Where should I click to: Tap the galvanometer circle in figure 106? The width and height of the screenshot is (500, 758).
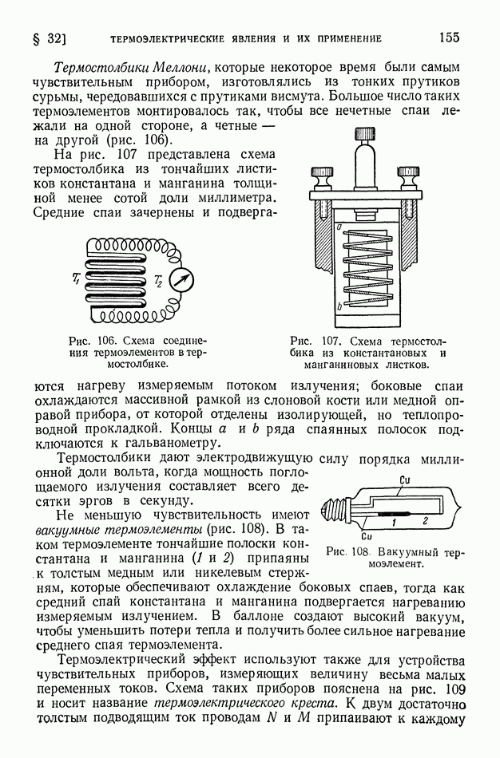coord(182,280)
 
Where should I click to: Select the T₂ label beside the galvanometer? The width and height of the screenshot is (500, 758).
coord(158,281)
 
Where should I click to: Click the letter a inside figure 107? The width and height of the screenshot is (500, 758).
coord(340,228)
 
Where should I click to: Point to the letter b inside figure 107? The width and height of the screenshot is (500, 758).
coord(339,305)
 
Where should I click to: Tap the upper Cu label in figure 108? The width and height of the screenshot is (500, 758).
coord(404,479)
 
